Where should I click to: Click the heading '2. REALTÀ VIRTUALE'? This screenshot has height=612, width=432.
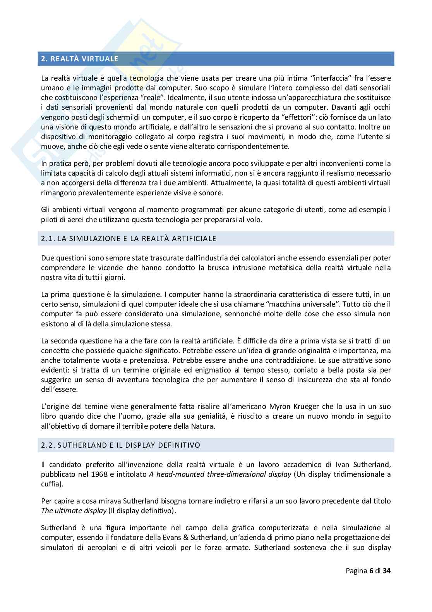80,59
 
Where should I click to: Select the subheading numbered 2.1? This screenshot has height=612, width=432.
129,238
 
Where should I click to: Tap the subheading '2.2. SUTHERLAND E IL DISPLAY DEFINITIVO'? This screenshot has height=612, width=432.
120,445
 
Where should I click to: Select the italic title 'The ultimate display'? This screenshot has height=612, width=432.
74,510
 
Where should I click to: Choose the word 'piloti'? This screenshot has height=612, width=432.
50,220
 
